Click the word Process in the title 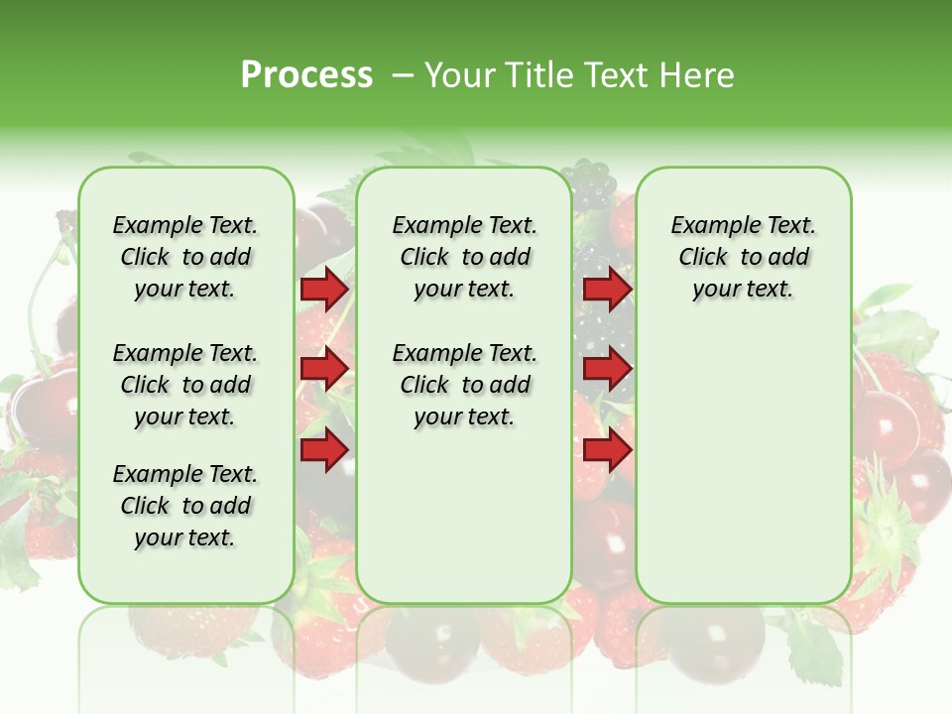click(306, 75)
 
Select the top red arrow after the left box click(324, 289)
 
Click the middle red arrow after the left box click(324, 369)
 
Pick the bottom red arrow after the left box click(324, 449)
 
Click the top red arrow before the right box click(607, 289)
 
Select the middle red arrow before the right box click(607, 369)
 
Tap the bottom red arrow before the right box click(607, 449)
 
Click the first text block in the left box click(185, 257)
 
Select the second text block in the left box click(185, 385)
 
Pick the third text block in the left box click(185, 506)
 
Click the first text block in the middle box click(464, 257)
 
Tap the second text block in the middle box click(464, 385)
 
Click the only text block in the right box click(743, 257)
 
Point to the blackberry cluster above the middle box click(592, 184)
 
